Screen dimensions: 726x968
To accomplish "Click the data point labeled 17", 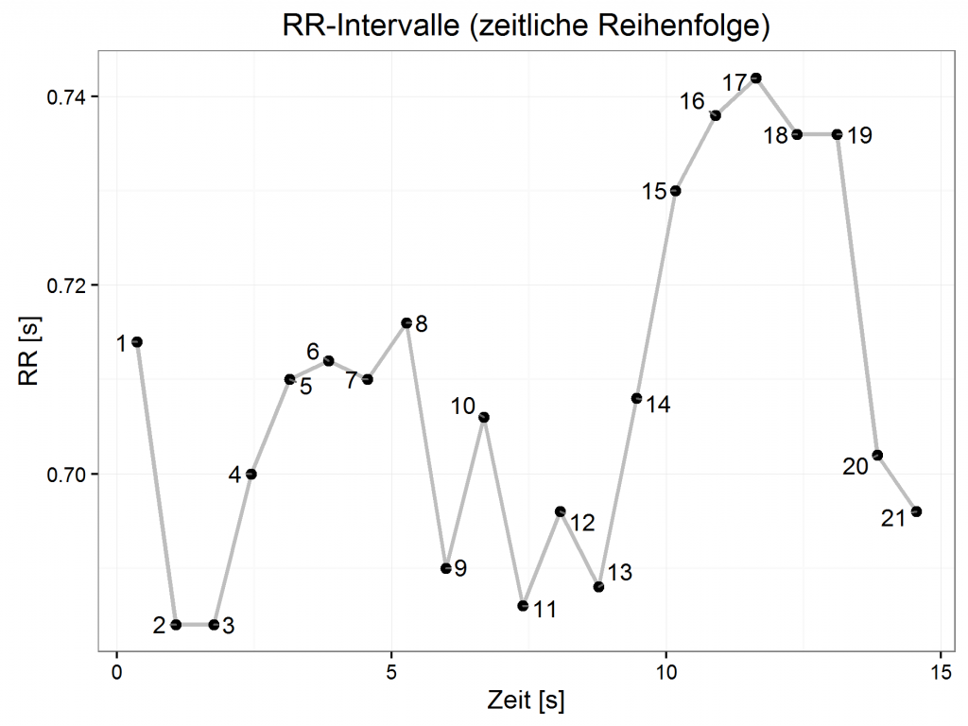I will (x=755, y=78).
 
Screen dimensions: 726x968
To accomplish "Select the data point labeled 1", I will (x=137, y=341).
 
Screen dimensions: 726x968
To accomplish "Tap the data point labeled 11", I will (x=523, y=605).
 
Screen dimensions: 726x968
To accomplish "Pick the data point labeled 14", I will (x=636, y=398).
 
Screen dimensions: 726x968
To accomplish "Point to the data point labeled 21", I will (x=916, y=511).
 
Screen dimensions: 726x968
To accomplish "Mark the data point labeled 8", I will (x=406, y=323).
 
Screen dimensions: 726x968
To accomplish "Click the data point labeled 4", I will (x=251, y=474).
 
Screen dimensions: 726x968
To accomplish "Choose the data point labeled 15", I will (x=675, y=191).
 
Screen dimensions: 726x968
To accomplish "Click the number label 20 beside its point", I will (x=856, y=466).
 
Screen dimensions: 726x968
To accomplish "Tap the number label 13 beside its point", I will (x=620, y=572).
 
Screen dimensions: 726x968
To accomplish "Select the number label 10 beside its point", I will (x=463, y=406).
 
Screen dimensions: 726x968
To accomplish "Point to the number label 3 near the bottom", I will (x=228, y=625).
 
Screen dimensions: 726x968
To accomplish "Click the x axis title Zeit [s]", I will (x=527, y=702).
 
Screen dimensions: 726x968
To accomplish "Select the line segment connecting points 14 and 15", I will (x=656, y=294).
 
